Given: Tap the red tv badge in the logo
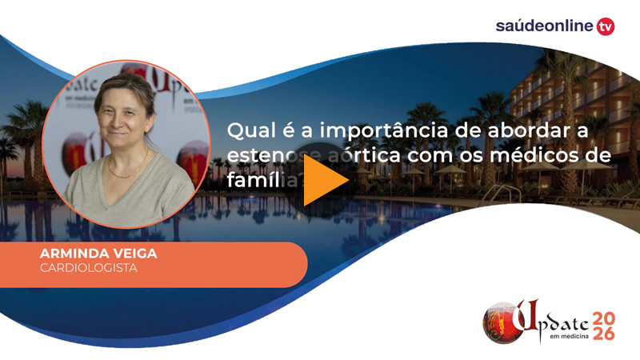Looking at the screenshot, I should [x=606, y=26].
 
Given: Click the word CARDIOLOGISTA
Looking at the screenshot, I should [x=88, y=267].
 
